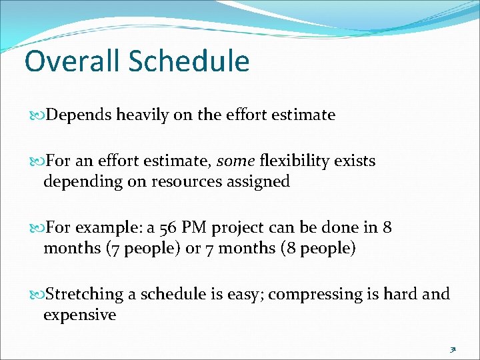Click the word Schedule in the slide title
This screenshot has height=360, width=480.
pos(189,61)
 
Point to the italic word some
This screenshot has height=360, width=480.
pos(235,161)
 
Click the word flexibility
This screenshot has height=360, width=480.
pos(296,161)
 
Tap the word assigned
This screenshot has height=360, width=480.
pos(260,181)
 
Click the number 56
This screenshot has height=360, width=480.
pos(171,227)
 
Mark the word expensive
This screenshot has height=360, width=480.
pos(79,315)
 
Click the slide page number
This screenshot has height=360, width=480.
pos(452,348)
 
